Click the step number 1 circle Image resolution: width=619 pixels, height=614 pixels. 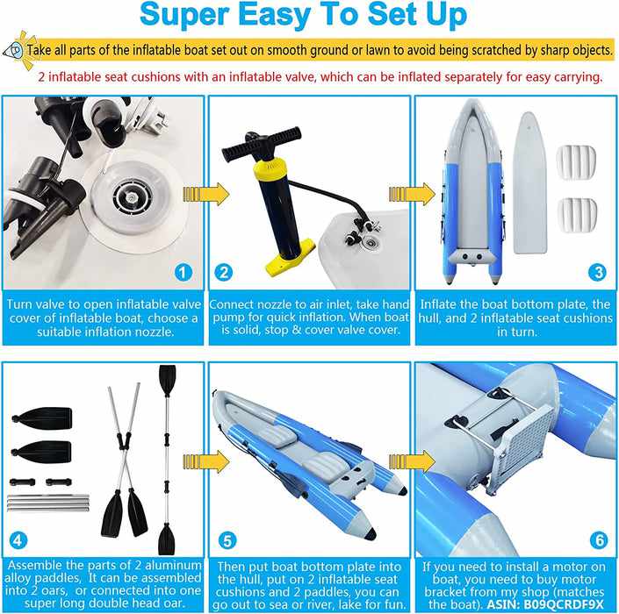183,273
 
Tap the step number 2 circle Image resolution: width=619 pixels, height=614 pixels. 224,273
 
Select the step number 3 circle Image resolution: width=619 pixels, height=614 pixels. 597,273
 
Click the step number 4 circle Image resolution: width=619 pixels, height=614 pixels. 18,539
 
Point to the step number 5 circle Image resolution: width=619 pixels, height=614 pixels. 227,540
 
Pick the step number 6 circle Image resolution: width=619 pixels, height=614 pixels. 599,539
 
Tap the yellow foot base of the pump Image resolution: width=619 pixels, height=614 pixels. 290,258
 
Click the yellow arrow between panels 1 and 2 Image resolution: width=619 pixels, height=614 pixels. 206,194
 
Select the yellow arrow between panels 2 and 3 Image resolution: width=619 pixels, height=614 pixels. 412,194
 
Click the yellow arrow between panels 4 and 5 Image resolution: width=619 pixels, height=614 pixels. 206,461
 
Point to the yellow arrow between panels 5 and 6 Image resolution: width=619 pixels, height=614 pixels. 412,461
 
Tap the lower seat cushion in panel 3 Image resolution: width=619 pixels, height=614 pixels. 577,215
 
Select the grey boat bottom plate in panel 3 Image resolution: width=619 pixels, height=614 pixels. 529,182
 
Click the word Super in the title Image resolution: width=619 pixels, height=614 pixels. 184,15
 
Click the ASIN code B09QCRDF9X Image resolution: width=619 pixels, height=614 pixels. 564,604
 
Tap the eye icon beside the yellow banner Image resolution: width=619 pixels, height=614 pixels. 15,50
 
